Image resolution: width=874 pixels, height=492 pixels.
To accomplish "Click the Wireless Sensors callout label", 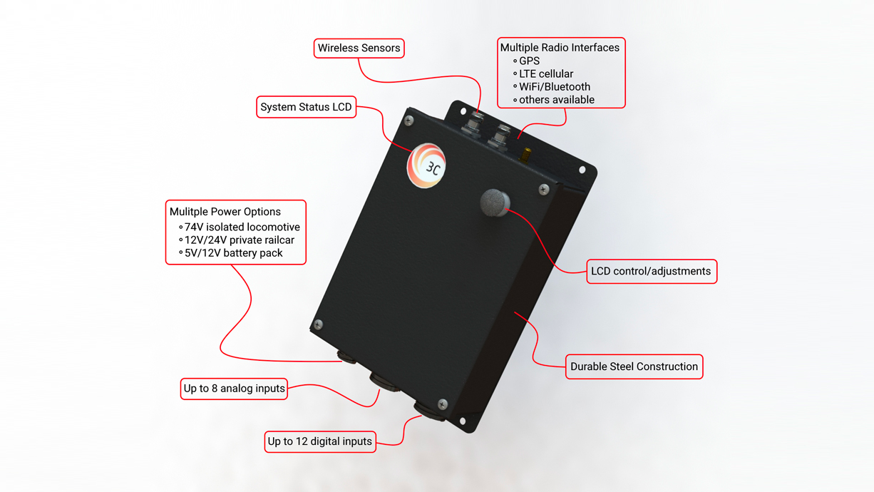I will [x=359, y=48].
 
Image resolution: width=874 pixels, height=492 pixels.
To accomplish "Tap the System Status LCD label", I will [x=306, y=107].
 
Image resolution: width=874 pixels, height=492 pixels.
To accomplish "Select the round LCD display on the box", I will [x=426, y=165].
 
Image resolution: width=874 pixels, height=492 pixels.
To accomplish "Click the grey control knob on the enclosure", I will [x=495, y=203].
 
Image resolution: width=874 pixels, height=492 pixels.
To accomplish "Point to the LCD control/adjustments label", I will [x=651, y=271].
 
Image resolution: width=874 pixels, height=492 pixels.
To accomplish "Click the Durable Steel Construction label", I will [x=634, y=367].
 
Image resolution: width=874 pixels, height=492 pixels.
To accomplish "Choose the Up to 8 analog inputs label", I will [x=234, y=389].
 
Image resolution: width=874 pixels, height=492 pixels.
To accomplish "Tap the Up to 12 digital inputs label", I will [x=319, y=441].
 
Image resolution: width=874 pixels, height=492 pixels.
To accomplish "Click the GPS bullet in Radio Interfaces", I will [x=529, y=61].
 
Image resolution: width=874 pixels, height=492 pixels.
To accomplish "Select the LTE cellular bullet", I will [x=545, y=74].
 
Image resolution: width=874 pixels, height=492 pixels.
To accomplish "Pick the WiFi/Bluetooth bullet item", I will [x=554, y=87].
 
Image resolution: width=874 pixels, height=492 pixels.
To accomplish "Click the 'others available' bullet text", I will [x=556, y=100].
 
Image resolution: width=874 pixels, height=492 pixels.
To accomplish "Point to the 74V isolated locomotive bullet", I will [x=242, y=227].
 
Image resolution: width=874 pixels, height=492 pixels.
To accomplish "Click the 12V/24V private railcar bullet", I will [x=239, y=240].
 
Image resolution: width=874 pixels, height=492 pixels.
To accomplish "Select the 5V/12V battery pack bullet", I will [x=233, y=253].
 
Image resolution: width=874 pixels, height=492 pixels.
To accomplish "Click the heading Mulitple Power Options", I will [x=225, y=212].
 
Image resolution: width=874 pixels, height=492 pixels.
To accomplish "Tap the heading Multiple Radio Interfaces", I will [x=560, y=48].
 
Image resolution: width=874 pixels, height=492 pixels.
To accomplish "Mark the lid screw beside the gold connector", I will [x=544, y=190].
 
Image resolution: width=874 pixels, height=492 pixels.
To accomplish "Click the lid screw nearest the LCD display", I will [x=409, y=121].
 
